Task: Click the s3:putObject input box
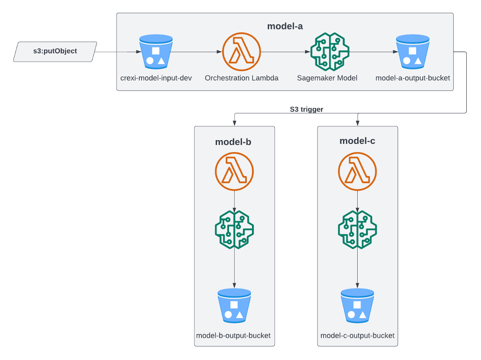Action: tap(55, 51)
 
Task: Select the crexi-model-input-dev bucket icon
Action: tap(156, 53)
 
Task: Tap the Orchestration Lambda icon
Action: tap(241, 53)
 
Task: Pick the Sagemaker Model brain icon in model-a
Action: tap(330, 52)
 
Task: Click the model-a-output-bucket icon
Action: tap(412, 53)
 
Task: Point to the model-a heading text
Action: tap(285, 26)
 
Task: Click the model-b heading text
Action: tap(233, 142)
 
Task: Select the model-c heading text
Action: tap(357, 141)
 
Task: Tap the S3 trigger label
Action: tap(306, 110)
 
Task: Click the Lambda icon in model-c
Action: tap(357, 172)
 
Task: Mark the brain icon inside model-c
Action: tap(357, 229)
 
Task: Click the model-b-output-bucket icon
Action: tap(234, 306)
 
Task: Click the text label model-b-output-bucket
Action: tap(233, 335)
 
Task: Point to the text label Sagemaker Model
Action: tap(327, 78)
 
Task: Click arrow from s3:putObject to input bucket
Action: tap(117, 52)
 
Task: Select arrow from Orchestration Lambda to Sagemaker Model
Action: tap(285, 52)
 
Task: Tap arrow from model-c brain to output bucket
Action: tap(357, 267)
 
